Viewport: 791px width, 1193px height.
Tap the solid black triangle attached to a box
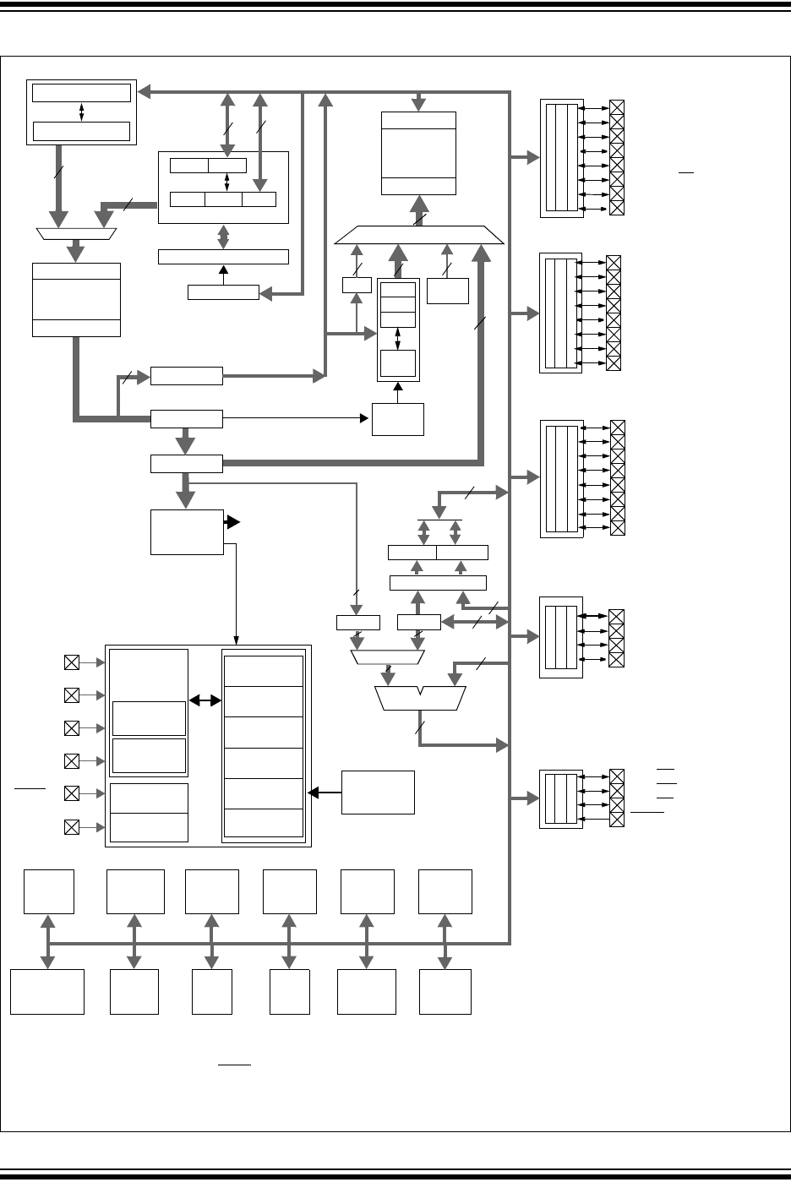(232, 522)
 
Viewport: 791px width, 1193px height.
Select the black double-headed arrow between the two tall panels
(205, 700)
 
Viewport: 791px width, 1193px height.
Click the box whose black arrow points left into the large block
(378, 792)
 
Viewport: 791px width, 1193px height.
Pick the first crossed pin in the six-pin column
(72, 663)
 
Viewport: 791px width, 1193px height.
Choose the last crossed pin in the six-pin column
(72, 825)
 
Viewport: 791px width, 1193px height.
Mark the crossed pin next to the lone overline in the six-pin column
(72, 793)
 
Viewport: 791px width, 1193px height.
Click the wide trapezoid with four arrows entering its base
(420, 235)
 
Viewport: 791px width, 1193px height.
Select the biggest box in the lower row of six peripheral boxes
(47, 991)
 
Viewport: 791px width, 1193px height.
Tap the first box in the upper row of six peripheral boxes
(49, 891)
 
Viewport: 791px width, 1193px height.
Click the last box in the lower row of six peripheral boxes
(445, 991)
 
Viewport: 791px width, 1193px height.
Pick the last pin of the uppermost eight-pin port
(617, 209)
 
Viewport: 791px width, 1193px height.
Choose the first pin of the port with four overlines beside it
(617, 776)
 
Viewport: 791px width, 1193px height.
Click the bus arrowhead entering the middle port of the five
(533, 477)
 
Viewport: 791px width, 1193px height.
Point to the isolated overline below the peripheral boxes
(234, 1065)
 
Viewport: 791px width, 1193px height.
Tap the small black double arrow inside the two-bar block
(81, 112)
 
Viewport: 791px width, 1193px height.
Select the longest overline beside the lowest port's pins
(647, 812)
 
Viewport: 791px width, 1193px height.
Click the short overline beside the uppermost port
(686, 172)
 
